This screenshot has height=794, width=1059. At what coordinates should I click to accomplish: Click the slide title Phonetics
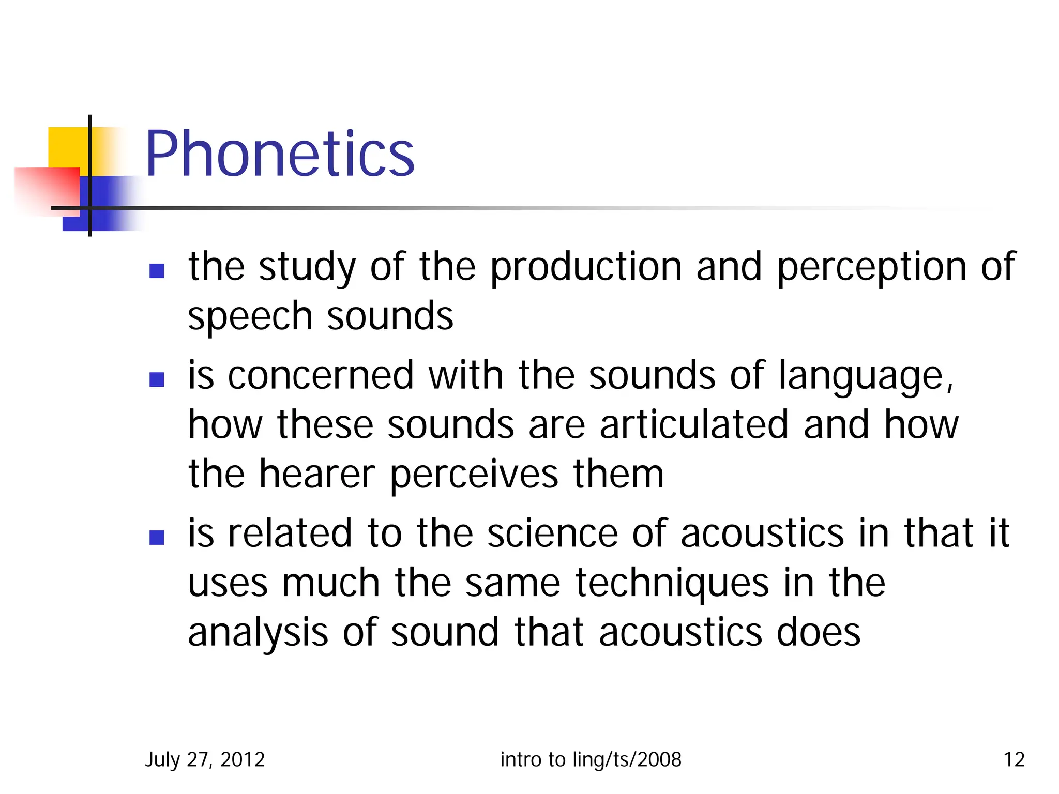coord(280,154)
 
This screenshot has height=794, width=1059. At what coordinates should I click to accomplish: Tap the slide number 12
coord(1013,759)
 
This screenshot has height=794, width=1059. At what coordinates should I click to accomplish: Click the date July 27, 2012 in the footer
coord(205,759)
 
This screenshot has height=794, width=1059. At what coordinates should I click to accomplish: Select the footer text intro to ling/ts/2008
coord(591,759)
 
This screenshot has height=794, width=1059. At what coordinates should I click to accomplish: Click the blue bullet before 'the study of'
coord(157,271)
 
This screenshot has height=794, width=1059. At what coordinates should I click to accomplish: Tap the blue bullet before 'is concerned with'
coord(157,379)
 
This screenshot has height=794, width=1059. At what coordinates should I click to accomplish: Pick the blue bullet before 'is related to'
coord(157,538)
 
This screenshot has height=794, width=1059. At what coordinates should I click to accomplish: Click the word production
coord(586,268)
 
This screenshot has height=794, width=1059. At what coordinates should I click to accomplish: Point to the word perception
coord(871,268)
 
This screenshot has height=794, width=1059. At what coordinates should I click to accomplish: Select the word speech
coord(250,317)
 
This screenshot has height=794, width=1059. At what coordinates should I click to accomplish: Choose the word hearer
coord(316,474)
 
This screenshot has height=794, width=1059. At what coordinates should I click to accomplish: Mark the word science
coord(552,533)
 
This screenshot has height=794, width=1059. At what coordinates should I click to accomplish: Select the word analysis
coord(258,633)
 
